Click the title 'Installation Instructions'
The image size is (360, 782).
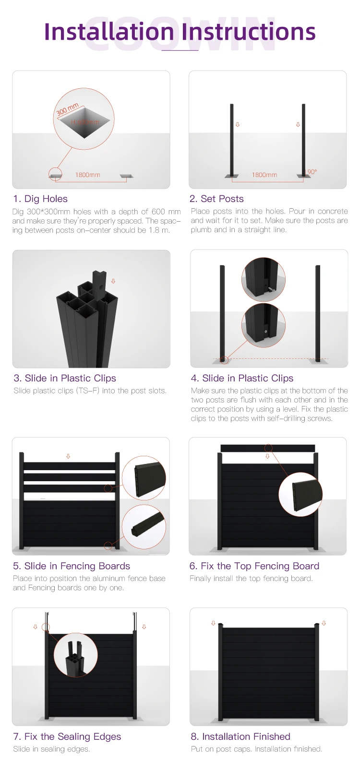click(x=180, y=32)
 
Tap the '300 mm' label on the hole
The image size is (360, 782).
click(x=68, y=109)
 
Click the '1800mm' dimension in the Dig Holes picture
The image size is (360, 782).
click(x=88, y=175)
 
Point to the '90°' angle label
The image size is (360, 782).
click(x=312, y=172)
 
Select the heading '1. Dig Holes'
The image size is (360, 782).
click(x=40, y=199)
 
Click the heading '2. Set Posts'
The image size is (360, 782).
click(x=216, y=199)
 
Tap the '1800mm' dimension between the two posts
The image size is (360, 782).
click(x=264, y=175)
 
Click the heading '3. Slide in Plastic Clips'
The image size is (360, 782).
click(x=65, y=378)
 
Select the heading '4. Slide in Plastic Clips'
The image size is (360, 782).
click(x=242, y=378)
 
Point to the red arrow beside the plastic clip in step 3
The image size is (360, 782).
click(x=113, y=281)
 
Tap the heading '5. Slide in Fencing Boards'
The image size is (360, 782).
click(x=72, y=566)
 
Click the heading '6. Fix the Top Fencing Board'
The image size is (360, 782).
click(x=254, y=566)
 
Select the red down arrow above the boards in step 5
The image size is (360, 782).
click(x=68, y=456)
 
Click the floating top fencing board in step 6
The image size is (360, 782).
click(x=268, y=448)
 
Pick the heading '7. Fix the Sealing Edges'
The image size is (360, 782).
click(x=67, y=736)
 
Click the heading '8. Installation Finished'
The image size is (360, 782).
click(x=240, y=736)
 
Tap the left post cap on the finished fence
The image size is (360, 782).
click(x=221, y=625)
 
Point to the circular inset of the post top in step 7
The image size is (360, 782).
click(x=76, y=655)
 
